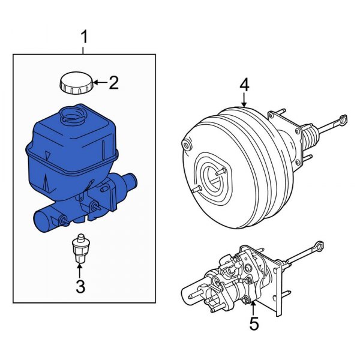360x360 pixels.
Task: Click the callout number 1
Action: point(84,37)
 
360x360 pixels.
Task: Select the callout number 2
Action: point(113,83)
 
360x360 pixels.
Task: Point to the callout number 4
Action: point(244,85)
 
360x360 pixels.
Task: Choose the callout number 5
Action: point(254,324)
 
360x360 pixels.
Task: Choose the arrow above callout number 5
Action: point(253,306)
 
